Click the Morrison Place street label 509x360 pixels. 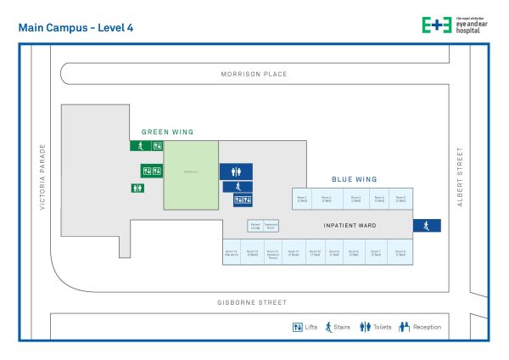tap(254, 75)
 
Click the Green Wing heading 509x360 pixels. tap(167, 132)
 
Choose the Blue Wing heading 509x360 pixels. tap(355, 180)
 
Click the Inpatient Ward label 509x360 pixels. tap(350, 226)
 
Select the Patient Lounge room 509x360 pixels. tap(255, 227)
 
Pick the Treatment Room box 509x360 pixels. tap(271, 227)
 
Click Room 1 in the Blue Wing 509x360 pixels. tap(302, 199)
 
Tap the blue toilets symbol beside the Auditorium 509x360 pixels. tap(236, 171)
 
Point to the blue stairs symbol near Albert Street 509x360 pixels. tap(427, 225)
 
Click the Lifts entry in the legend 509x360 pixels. tap(305, 326)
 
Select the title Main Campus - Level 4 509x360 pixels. tap(75, 28)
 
